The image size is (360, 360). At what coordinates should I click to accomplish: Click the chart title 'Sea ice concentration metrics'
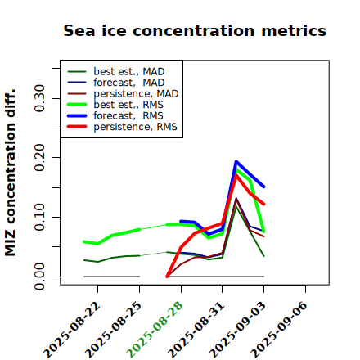[x=195, y=31]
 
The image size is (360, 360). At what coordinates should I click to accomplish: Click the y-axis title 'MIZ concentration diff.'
[x=10, y=173]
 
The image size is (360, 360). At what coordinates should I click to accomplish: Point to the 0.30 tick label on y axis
[x=40, y=98]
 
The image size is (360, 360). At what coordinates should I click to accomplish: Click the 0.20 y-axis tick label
[x=40, y=158]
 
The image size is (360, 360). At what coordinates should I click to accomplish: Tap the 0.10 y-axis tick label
[x=40, y=217]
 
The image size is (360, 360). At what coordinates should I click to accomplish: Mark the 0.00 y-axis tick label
[x=40, y=277]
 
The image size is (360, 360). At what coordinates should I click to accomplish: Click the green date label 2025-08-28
[x=155, y=330]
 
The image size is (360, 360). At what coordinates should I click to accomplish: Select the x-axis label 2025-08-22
[x=71, y=330]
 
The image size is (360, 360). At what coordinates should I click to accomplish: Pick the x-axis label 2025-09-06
[x=279, y=330]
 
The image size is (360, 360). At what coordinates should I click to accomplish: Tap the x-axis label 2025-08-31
[x=196, y=330]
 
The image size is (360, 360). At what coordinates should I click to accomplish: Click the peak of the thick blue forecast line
[x=236, y=161]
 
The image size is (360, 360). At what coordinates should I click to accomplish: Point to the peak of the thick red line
[x=236, y=175]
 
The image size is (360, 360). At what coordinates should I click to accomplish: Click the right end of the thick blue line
[x=264, y=187]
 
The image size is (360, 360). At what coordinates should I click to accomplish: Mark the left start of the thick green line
[x=84, y=241]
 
